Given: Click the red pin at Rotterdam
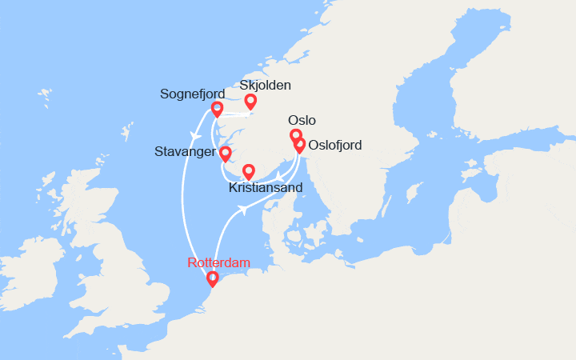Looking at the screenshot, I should point(212,279).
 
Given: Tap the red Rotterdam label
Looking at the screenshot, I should point(219,262).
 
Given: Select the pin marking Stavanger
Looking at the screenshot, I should point(226,153).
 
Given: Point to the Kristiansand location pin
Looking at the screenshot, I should point(248,171).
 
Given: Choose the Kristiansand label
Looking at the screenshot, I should point(266,188).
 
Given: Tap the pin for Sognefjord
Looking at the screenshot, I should point(217,109).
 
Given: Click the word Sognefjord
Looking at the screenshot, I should point(192,94).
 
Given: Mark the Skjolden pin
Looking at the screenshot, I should point(250,101).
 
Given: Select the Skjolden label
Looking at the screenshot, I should point(266,85).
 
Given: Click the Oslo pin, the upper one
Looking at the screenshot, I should point(295,135).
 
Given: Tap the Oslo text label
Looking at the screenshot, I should point(302,120).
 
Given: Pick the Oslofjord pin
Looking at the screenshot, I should point(299,146).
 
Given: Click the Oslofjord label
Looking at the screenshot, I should point(335,146).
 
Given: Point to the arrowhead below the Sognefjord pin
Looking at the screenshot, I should point(194,134).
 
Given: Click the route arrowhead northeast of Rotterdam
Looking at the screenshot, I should point(242,211).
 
